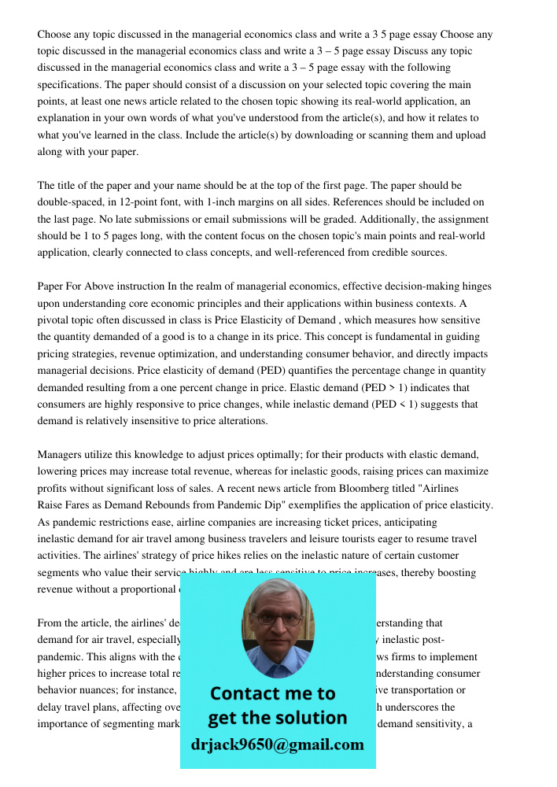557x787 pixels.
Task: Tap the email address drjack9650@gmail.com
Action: (278, 744)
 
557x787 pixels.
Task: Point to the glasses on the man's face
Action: (277, 617)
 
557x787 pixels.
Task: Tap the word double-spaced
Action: (72, 202)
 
